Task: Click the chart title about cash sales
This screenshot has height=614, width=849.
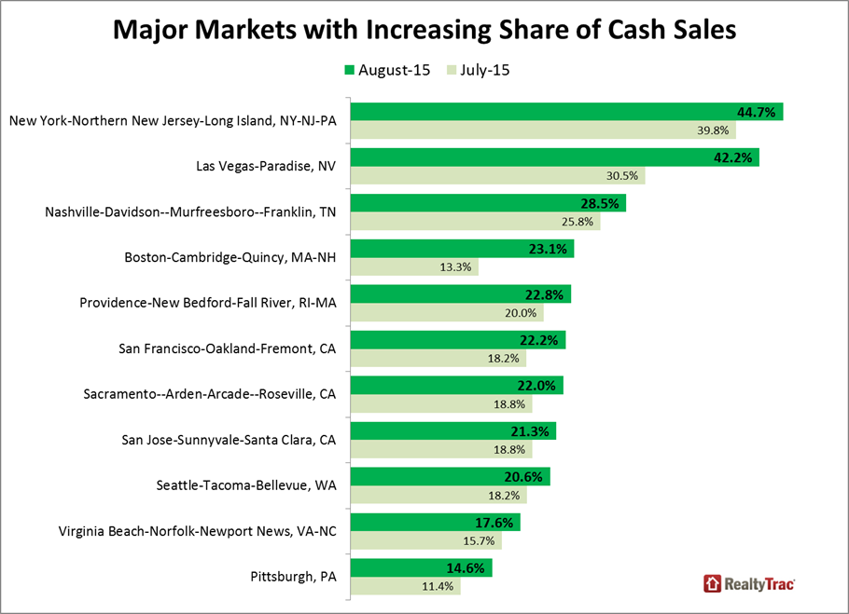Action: (x=424, y=30)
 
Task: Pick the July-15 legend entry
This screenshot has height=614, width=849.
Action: (x=481, y=70)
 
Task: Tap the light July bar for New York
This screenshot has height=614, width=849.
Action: (x=522, y=130)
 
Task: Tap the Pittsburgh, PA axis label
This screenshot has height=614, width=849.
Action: (x=294, y=577)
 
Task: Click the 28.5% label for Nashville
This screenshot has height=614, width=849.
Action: (x=604, y=203)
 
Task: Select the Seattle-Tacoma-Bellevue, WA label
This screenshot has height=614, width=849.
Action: (x=245, y=485)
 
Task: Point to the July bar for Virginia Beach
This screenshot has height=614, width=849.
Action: (x=420, y=541)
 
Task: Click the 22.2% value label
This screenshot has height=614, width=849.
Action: (x=544, y=340)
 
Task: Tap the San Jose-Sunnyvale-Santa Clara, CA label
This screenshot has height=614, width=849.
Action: (x=229, y=440)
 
